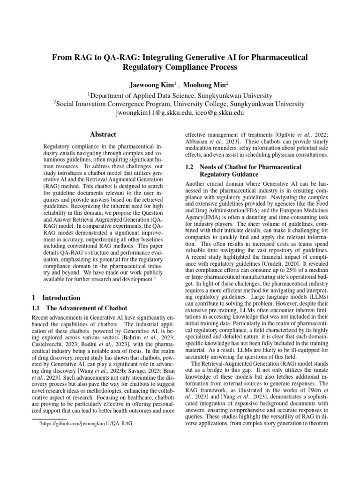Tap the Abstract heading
(x=103, y=134)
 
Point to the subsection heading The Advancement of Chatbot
(x=86, y=308)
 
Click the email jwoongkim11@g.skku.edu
(x=151, y=113)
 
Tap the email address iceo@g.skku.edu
(x=220, y=113)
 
